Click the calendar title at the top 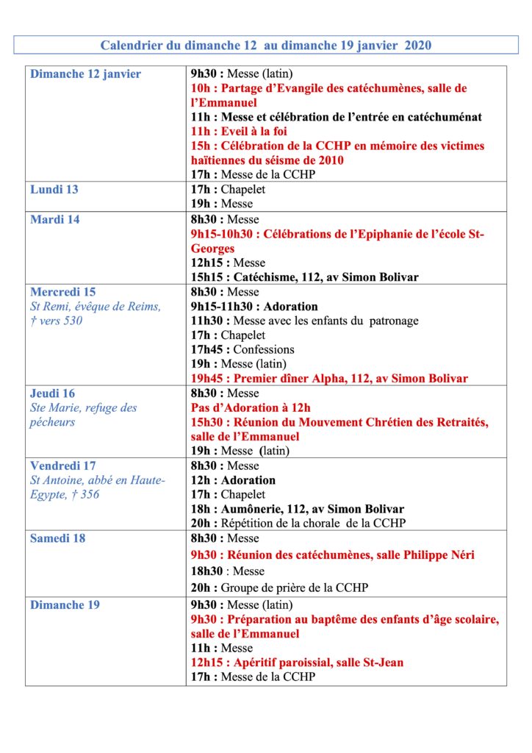click(x=265, y=46)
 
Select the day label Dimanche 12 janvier click(x=85, y=74)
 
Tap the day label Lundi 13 click(x=54, y=190)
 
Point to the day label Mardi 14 click(x=55, y=219)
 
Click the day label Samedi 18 click(x=57, y=538)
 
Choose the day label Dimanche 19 click(x=65, y=605)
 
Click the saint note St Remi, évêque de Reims click(x=96, y=307)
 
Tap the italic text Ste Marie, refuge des click(x=84, y=408)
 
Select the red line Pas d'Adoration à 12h click(x=251, y=408)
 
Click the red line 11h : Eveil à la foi click(x=239, y=132)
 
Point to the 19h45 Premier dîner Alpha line click(x=329, y=379)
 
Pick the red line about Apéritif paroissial click(x=297, y=663)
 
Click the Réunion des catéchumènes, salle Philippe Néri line click(x=332, y=555)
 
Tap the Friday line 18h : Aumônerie click(x=297, y=509)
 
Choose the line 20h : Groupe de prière click(x=279, y=588)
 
